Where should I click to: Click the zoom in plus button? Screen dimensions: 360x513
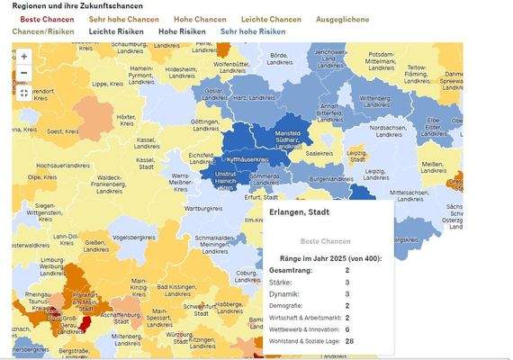(x=23, y=55)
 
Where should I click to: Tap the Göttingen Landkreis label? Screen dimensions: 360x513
(x=205, y=124)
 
